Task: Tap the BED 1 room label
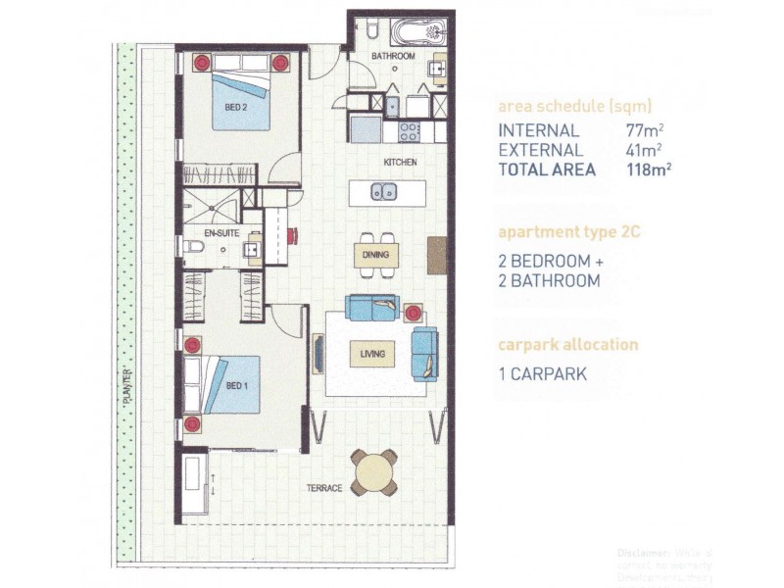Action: [236, 385]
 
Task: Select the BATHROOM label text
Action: [393, 57]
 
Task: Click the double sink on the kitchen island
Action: [383, 192]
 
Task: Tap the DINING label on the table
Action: [374, 255]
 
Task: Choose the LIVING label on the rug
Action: [371, 354]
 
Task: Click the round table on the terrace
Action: [375, 473]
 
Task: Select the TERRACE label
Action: [323, 488]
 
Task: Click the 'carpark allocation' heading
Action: [567, 345]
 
